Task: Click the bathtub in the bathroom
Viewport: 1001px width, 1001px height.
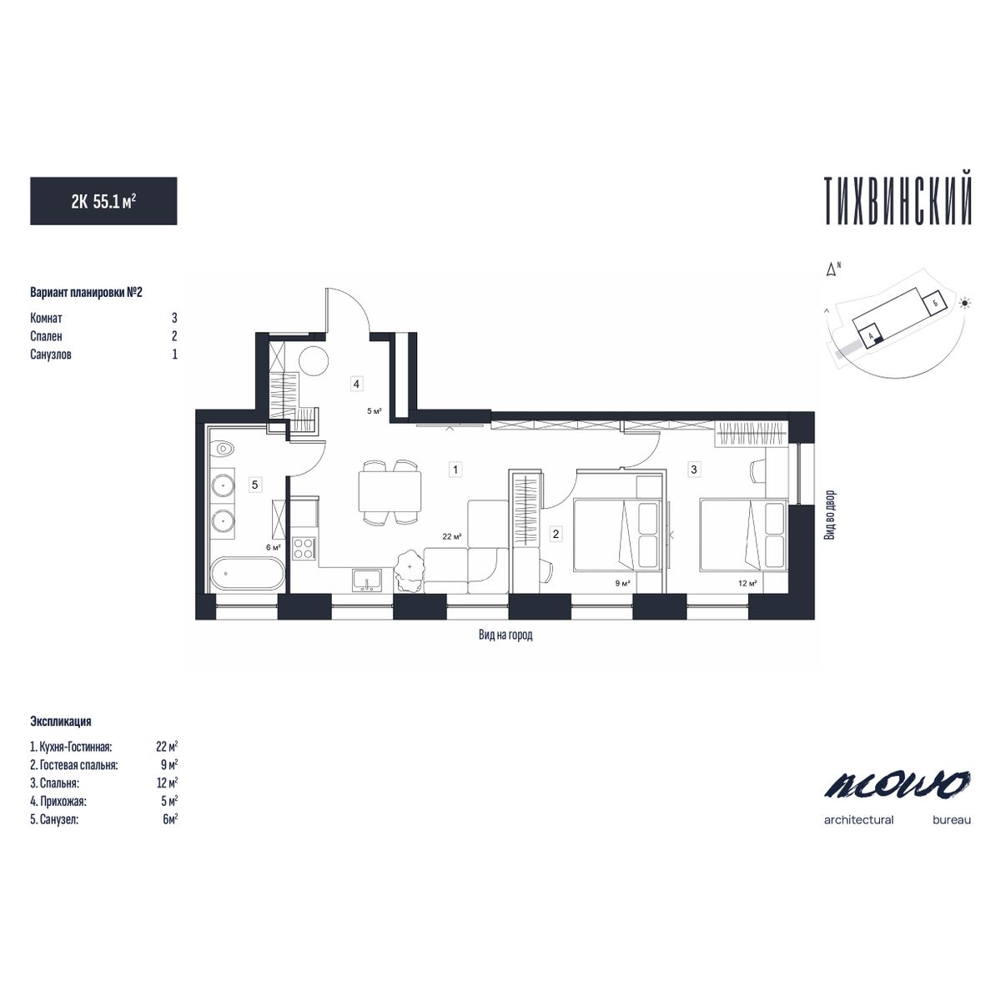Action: [247, 575]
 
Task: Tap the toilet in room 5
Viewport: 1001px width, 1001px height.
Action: [223, 450]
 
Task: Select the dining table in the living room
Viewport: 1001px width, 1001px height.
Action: [390, 492]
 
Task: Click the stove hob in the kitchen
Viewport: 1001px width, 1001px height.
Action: [304, 548]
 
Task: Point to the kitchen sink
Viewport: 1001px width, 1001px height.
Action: [367, 577]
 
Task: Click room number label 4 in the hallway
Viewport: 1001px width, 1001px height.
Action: [356, 384]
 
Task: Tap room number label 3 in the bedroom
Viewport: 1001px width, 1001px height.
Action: [693, 470]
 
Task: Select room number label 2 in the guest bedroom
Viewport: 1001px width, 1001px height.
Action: [556, 532]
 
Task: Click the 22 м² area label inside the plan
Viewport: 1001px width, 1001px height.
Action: [452, 537]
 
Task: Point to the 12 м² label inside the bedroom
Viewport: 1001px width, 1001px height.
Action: [747, 583]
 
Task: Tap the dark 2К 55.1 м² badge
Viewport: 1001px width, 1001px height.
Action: [103, 201]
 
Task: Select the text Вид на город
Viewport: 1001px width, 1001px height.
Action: [506, 635]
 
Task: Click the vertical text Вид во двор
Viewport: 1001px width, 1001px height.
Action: [829, 516]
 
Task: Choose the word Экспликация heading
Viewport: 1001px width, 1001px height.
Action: [60, 722]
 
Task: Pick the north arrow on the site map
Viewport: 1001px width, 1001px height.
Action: [831, 269]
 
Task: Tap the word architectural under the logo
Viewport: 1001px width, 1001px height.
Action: [858, 820]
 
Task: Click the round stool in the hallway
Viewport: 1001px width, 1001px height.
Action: [314, 362]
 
